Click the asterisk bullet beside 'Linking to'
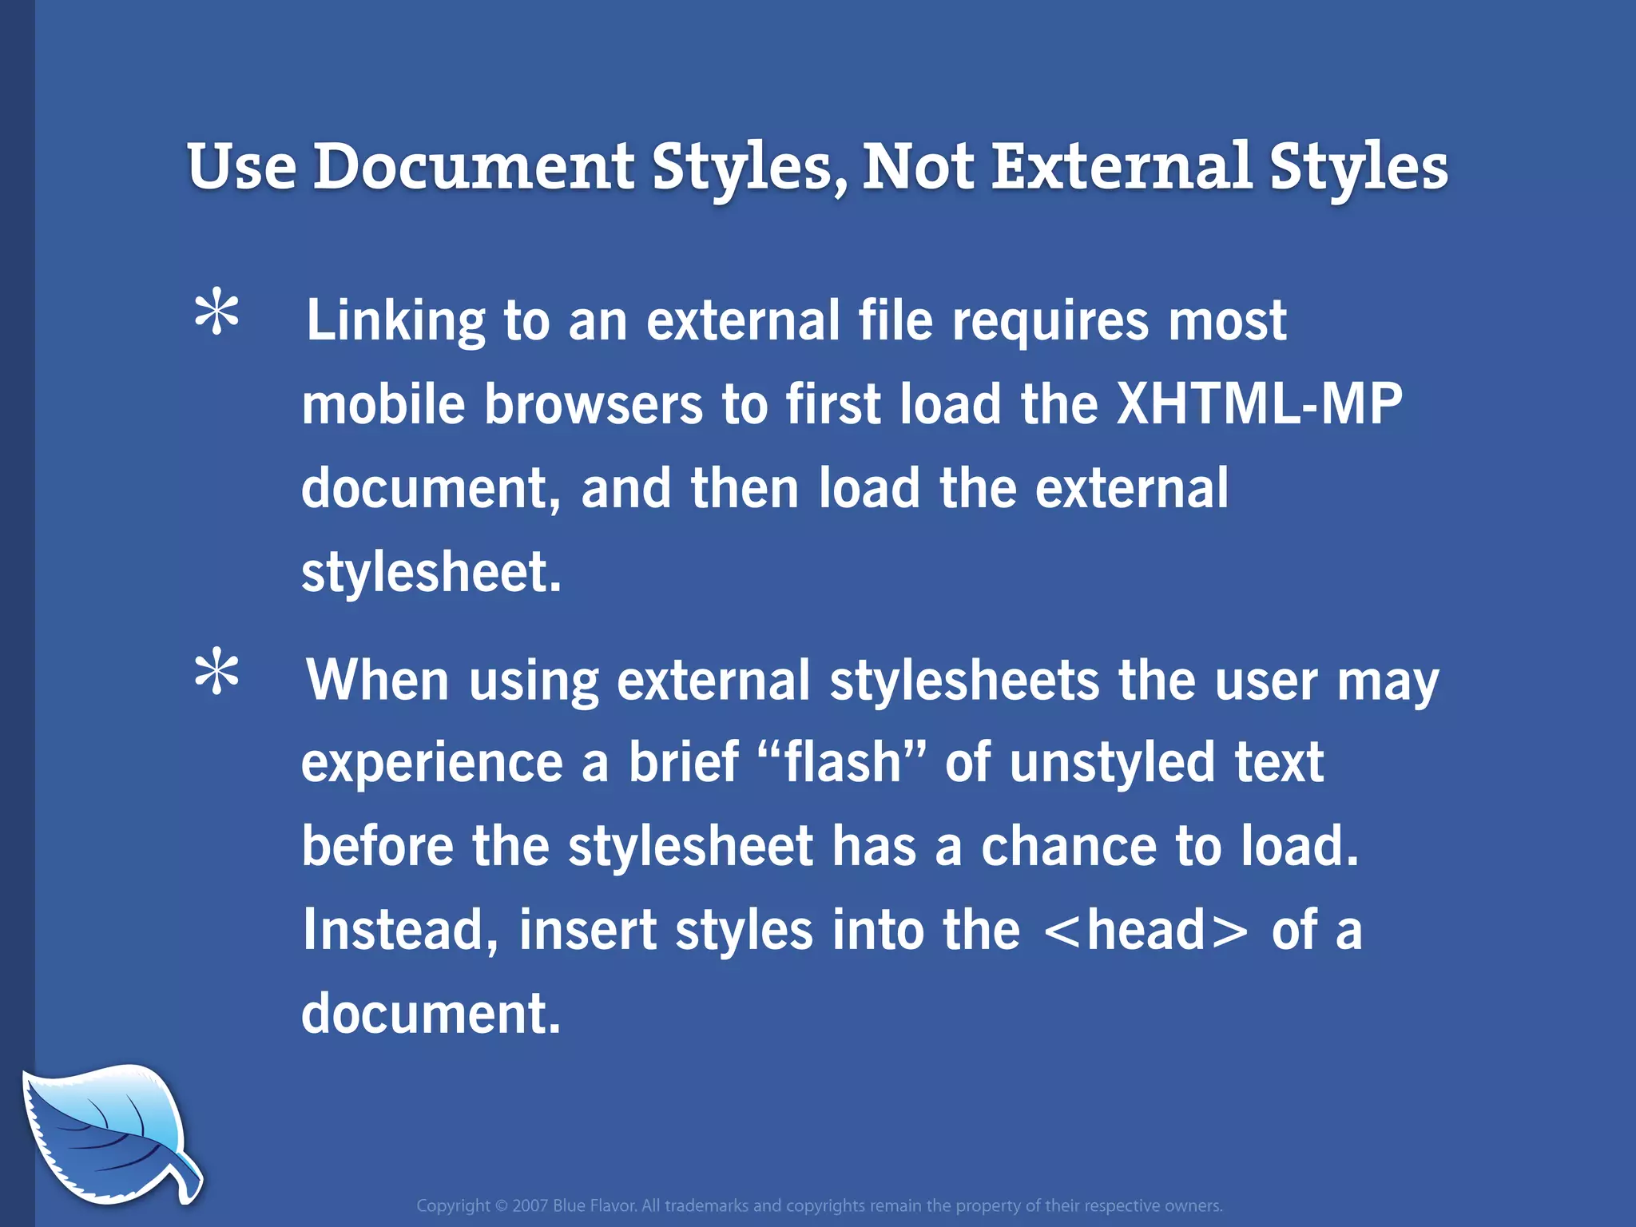pyautogui.click(x=216, y=315)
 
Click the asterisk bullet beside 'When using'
pyautogui.click(x=216, y=673)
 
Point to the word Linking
pyautogui.click(x=395, y=321)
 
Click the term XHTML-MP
pyautogui.click(x=1258, y=404)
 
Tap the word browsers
pyautogui.click(x=594, y=404)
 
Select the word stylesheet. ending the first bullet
pyautogui.click(x=431, y=572)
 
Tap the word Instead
pyautogui.click(x=400, y=931)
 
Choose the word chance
pyautogui.click(x=1068, y=847)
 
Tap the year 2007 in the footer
pyautogui.click(x=530, y=1205)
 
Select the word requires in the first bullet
pyautogui.click(x=1050, y=321)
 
